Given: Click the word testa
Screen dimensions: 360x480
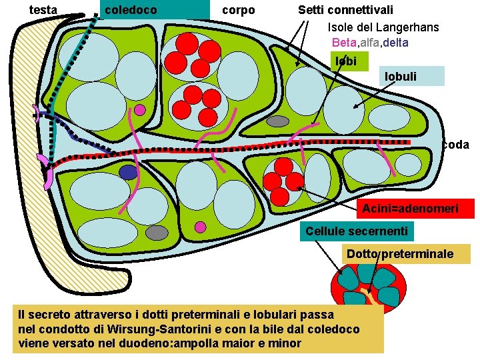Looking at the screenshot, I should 44,10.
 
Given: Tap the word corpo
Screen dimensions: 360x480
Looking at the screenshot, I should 238,10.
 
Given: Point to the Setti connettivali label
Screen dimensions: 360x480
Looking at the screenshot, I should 345,10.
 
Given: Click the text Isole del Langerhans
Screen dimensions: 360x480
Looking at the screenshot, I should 383,27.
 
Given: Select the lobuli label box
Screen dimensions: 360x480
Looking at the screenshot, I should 401,76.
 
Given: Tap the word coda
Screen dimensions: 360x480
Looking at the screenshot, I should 455,145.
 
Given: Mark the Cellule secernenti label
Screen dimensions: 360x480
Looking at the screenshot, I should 356,231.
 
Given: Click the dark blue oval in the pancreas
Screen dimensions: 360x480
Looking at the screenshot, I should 128,172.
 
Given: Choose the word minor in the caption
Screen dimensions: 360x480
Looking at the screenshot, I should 287,344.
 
